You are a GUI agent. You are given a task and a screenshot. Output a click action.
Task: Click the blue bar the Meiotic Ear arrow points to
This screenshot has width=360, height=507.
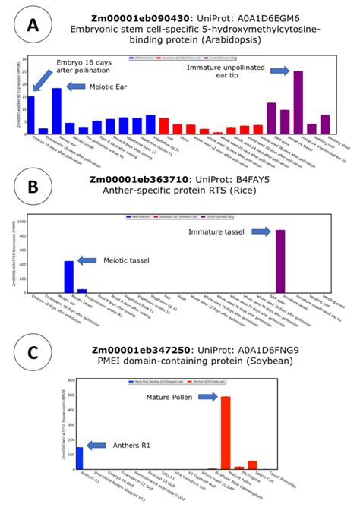[x=56, y=111]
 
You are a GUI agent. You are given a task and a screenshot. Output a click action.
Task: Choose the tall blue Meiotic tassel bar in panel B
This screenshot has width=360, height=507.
[x=69, y=276]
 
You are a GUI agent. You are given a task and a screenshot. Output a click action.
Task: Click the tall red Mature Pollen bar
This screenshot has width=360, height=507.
[x=226, y=432]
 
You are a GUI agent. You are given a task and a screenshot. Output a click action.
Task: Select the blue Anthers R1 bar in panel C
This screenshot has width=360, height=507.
[x=80, y=458]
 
